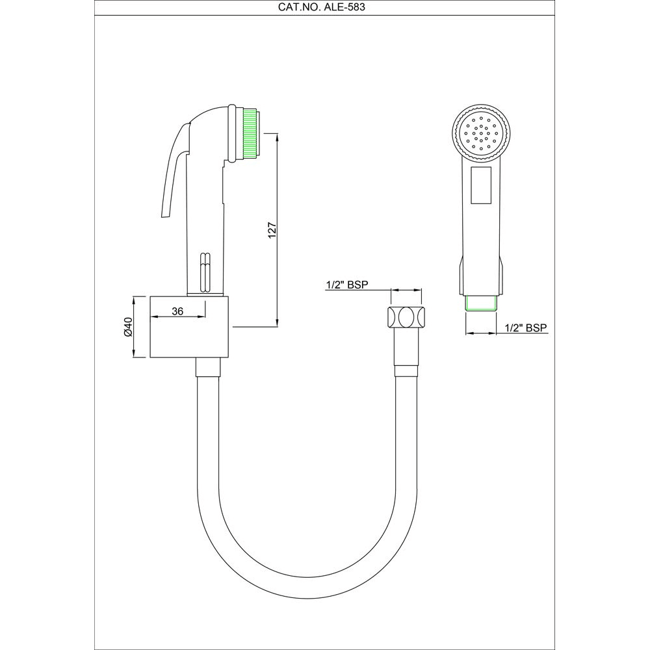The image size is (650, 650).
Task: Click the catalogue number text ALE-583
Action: tap(324, 7)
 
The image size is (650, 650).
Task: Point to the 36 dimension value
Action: tap(177, 311)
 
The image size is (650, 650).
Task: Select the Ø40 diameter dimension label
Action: tap(128, 326)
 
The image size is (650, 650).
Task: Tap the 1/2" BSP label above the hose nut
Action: tap(347, 285)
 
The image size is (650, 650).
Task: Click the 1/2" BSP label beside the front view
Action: tap(526, 328)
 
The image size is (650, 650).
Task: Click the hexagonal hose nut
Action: tap(406, 317)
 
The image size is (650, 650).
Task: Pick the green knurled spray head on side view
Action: tap(250, 133)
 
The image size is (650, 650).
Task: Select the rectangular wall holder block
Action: tap(190, 326)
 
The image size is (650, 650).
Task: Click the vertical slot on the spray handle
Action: tap(205, 270)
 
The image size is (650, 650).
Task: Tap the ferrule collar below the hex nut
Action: tap(406, 371)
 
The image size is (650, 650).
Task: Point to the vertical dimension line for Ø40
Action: tap(135, 326)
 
